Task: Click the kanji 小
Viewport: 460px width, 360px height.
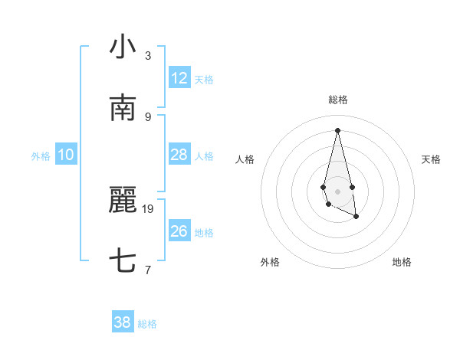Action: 123,47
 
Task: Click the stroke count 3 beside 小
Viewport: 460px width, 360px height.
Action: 148,56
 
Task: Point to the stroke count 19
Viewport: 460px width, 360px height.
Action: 149,208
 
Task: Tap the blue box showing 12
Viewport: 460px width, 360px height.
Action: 179,78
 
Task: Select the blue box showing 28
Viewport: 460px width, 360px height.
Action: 179,155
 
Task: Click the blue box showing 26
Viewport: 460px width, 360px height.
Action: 179,231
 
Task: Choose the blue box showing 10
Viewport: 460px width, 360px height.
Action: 66,155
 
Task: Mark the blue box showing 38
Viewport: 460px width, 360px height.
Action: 123,323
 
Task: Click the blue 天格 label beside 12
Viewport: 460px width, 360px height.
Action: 204,80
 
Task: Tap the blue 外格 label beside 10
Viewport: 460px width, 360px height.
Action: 41,156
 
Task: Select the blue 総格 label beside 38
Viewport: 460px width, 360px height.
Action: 147,325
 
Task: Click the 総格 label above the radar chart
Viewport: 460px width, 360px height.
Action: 338,100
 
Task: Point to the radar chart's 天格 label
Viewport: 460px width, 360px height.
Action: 432,159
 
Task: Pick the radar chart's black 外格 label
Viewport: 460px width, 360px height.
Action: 270,262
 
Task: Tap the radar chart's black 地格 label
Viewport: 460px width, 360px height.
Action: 402,262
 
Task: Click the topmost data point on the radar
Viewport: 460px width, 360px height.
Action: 337,129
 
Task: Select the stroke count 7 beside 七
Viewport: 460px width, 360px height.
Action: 148,270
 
